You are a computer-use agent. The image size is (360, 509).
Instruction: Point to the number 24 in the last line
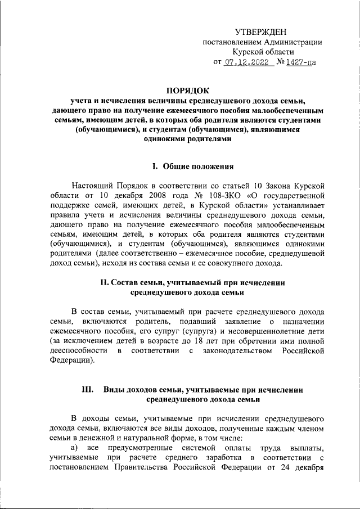click(x=285, y=469)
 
